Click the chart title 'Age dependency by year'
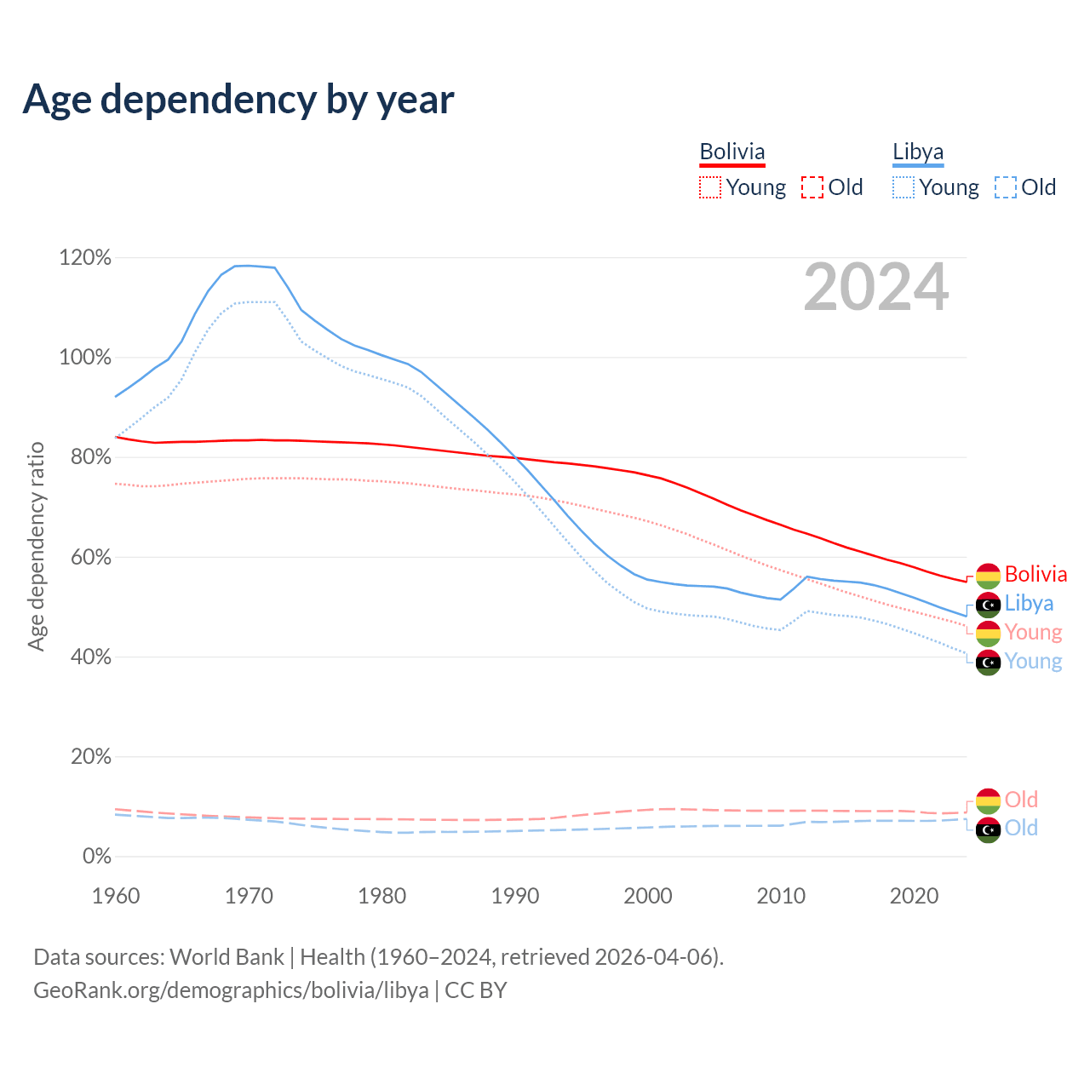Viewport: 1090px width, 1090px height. [238, 100]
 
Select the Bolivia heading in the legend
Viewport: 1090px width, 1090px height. [732, 152]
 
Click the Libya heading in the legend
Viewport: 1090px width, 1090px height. [918, 152]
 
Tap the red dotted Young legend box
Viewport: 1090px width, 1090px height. [709, 187]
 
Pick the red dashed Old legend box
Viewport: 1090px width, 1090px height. [812, 187]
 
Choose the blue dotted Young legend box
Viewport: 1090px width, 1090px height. [904, 187]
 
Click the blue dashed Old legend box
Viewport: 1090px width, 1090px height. [1006, 187]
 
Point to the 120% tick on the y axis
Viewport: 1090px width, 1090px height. [85, 257]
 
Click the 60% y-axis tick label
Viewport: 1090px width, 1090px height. [90, 557]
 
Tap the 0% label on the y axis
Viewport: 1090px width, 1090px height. [97, 857]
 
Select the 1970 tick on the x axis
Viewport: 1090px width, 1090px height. [249, 896]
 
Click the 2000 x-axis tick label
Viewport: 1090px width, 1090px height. [648, 896]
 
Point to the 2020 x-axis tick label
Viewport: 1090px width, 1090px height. [914, 896]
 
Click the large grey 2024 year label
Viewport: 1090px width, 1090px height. [875, 288]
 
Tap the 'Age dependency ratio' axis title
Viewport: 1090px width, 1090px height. [36, 546]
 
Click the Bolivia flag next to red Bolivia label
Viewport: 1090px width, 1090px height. [988, 576]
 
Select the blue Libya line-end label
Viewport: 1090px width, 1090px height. [1029, 604]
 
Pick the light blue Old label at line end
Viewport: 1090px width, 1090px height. [1021, 828]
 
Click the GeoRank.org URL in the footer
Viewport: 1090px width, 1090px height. [231, 990]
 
